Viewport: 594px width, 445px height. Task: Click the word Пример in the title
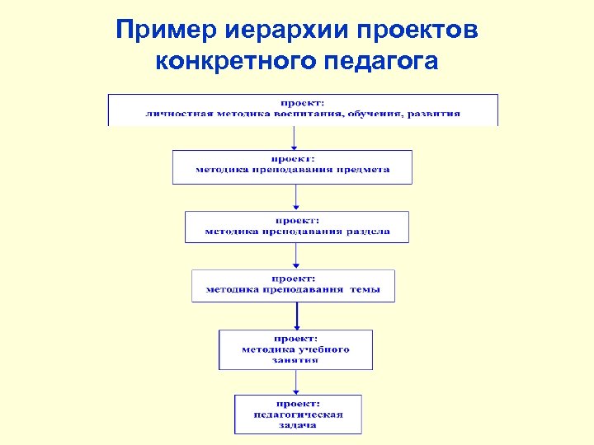pos(166,30)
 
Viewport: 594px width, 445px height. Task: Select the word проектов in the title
pos(418,30)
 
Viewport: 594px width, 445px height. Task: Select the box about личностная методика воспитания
pos(303,110)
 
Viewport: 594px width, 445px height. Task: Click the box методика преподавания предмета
pos(292,166)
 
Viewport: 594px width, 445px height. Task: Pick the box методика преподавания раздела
pos(297,227)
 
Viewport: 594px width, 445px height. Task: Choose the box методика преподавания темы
pos(294,285)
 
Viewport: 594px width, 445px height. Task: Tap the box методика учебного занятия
pos(295,349)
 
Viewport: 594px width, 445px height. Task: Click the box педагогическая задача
pos(298,414)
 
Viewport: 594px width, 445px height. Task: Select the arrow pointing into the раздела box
pos(296,199)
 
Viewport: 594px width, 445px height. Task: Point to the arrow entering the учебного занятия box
pos(296,316)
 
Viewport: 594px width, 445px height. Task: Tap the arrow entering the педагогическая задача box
pos(296,382)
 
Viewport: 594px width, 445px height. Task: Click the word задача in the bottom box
pos(298,425)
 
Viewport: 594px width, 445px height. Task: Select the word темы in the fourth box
pos(365,290)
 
